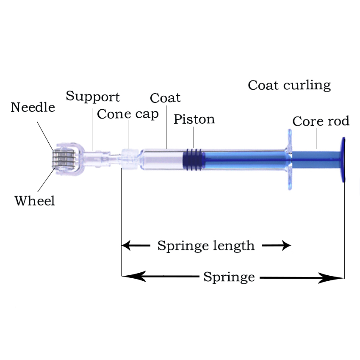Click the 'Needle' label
33,108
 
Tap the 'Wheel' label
35,201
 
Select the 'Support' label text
93,97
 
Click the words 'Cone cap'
128,114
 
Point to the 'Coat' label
165,98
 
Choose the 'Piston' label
194,119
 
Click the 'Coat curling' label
289,85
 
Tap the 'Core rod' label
321,122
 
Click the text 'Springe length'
206,246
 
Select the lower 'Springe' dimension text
229,277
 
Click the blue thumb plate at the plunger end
343,160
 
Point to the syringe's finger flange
290,159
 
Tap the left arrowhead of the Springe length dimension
126,245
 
